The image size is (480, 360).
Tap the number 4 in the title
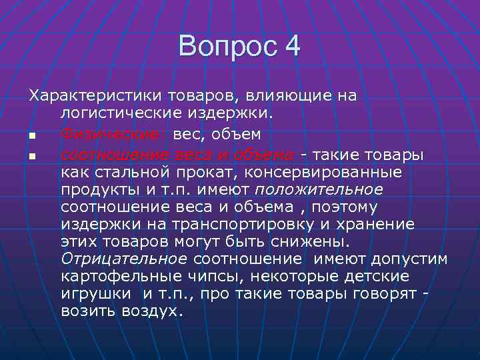(292, 47)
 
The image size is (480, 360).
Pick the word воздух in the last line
(147, 311)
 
